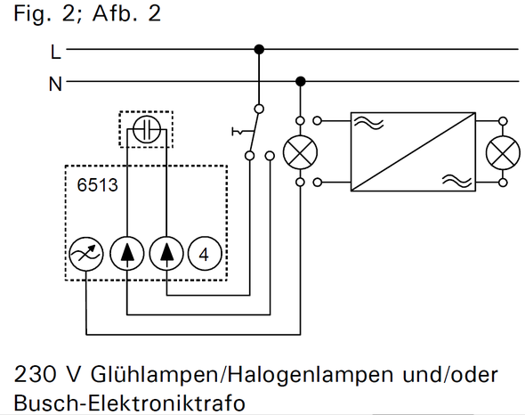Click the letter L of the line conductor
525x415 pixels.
tap(55, 53)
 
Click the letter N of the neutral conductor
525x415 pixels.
tap(55, 84)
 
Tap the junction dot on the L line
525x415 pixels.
tap(259, 49)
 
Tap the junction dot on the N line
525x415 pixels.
tap(301, 81)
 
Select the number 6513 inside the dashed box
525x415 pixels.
tap(97, 185)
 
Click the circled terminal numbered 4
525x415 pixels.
tap(205, 254)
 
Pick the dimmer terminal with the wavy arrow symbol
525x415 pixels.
tap(85, 254)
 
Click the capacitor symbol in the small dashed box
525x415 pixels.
tap(147, 129)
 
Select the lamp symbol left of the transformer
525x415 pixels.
tap(300, 152)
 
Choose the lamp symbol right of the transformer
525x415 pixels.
tap(503, 152)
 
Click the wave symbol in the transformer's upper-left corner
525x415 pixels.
tap(369, 123)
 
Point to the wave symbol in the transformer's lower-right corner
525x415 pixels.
tap(456, 181)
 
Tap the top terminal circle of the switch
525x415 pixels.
tap(259, 109)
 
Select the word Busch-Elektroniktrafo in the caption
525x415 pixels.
tap(130, 403)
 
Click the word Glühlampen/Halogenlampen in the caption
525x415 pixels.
tap(242, 375)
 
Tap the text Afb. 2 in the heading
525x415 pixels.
tap(126, 13)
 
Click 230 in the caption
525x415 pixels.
tap(35, 374)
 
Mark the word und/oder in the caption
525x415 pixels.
tap(450, 374)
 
